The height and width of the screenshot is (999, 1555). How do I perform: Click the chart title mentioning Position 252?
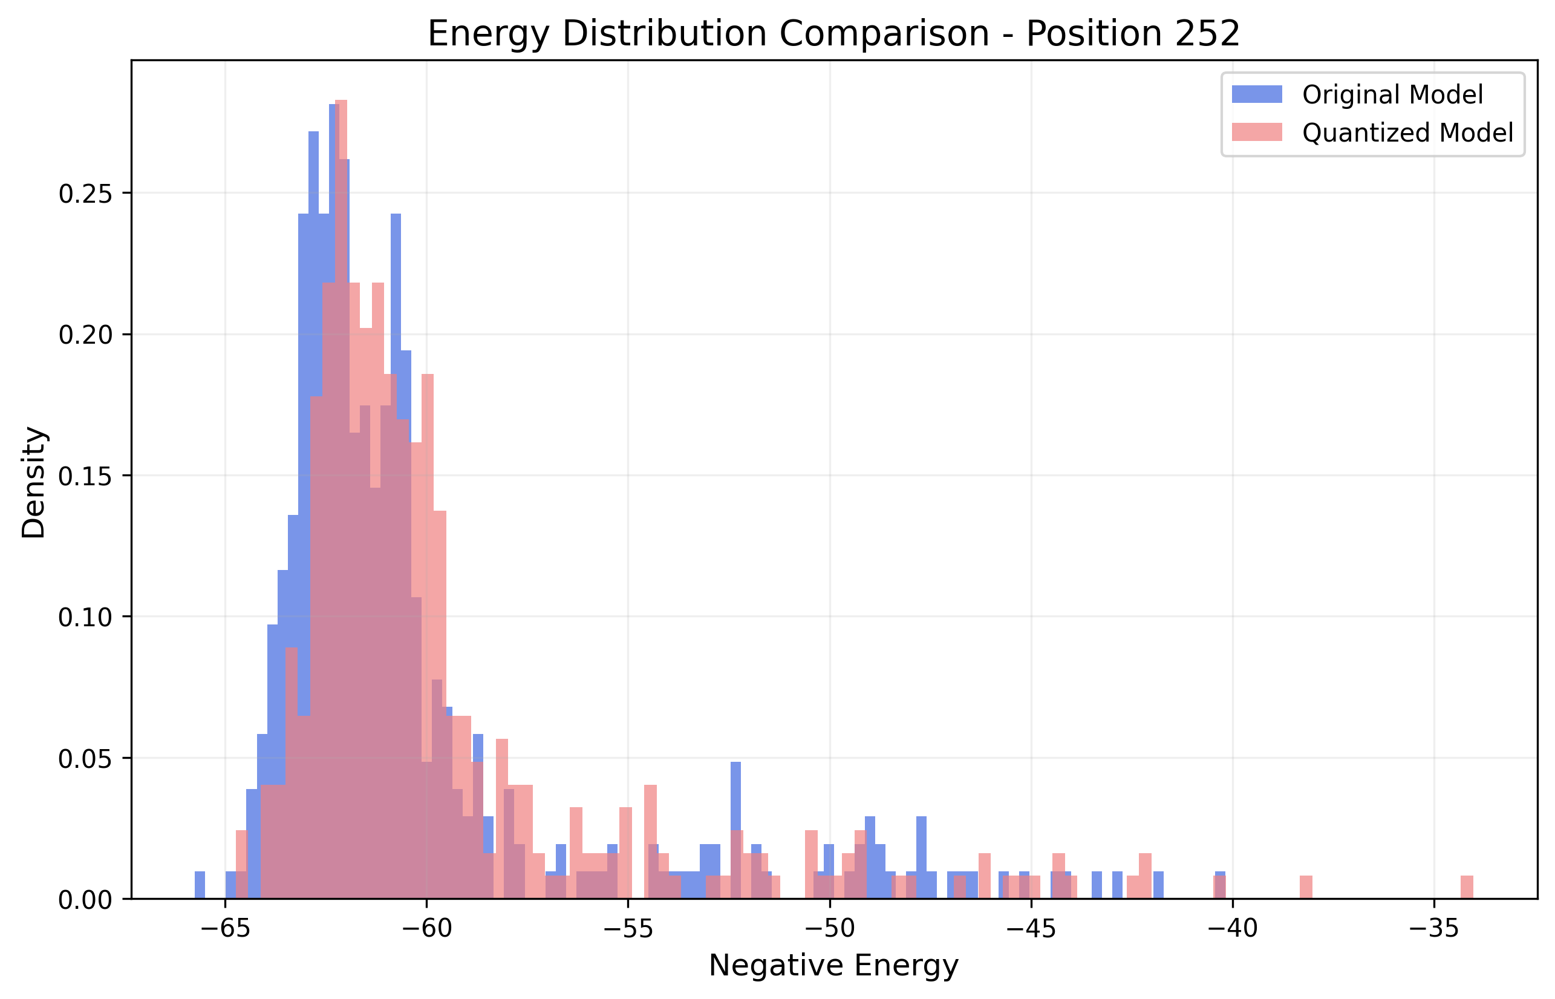pos(833,34)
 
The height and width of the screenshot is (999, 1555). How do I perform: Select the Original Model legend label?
pos(1392,95)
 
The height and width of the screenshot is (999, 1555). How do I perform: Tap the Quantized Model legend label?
pos(1408,133)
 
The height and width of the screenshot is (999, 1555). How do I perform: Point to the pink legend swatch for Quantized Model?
pos(1257,132)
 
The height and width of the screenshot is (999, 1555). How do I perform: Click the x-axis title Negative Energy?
pos(833,966)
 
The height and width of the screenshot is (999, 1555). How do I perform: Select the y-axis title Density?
pos(34,483)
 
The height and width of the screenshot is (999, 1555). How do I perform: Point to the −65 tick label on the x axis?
pos(225,929)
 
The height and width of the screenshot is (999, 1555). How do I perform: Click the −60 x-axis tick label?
pos(426,929)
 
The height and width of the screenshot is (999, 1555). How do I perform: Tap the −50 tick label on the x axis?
pos(829,929)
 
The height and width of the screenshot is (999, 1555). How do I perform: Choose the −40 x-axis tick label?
pos(1232,929)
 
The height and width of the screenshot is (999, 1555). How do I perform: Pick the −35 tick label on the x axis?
pos(1434,929)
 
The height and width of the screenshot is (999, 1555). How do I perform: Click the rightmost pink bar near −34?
pos(1467,888)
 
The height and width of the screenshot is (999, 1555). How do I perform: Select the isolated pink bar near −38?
pos(1306,888)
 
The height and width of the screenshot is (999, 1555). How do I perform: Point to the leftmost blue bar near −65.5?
pos(200,885)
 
